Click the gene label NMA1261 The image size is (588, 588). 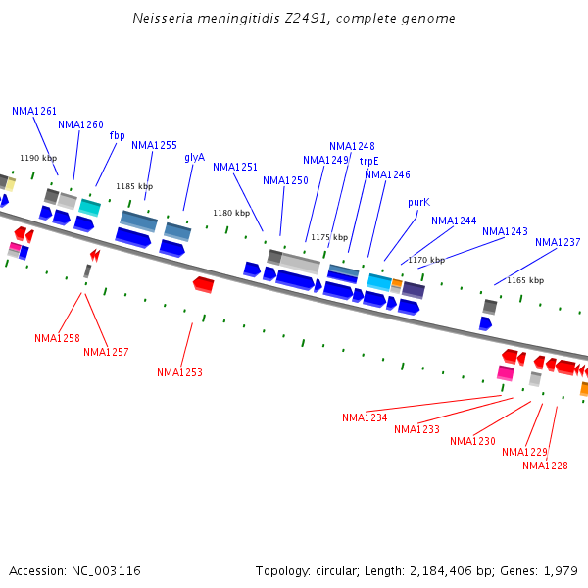(34, 112)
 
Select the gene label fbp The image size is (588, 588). (117, 135)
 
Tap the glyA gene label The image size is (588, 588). (194, 157)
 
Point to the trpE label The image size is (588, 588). (368, 161)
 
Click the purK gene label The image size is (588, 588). (418, 202)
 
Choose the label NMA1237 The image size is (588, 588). (558, 242)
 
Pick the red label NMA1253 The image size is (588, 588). (179, 372)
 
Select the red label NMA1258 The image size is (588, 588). (57, 338)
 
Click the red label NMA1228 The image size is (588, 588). (545, 465)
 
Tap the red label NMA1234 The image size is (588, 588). (365, 417)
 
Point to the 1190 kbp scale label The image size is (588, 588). (38, 158)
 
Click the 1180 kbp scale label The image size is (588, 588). (231, 213)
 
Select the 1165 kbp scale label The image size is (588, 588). (525, 280)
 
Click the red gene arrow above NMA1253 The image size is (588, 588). (204, 284)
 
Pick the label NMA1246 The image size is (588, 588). (387, 174)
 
